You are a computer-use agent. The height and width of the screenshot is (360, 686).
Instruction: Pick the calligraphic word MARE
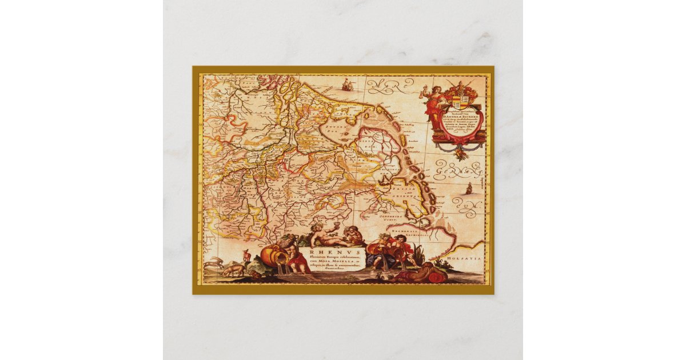[x=390, y=87]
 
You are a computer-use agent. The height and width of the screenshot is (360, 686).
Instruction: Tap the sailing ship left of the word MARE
[x=346, y=86]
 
